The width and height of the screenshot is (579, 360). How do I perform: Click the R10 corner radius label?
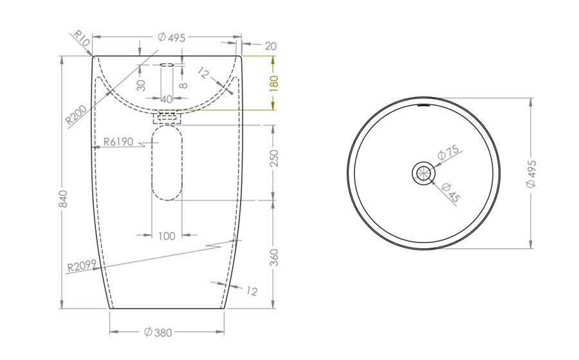pyautogui.click(x=81, y=38)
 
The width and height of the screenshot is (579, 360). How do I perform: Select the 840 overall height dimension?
pyautogui.click(x=63, y=199)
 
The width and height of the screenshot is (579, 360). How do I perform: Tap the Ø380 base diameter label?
pyautogui.click(x=158, y=332)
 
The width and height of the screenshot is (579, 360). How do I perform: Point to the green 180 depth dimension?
pyautogui.click(x=273, y=84)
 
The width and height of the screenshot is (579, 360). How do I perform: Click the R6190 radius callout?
pyautogui.click(x=118, y=141)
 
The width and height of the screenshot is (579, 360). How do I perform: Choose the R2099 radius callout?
pyautogui.click(x=82, y=265)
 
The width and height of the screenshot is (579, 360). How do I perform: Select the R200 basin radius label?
pyautogui.click(x=76, y=114)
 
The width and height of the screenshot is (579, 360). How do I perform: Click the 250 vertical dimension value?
pyautogui.click(x=273, y=158)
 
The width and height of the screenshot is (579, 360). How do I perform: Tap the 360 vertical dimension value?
pyautogui.click(x=273, y=257)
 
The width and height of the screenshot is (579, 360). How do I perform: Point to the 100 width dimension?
pyautogui.click(x=167, y=236)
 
